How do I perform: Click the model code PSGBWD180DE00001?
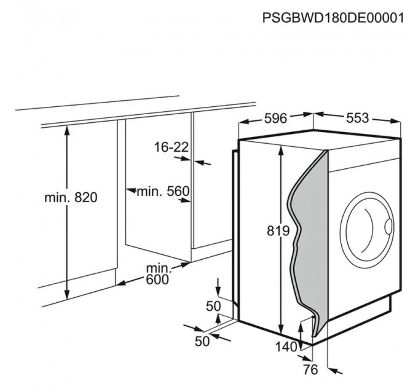tap(333, 18)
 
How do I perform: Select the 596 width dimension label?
tap(275, 119)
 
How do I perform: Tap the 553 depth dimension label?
tap(358, 118)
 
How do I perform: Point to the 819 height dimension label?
tap(278, 230)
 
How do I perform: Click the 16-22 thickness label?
tap(172, 147)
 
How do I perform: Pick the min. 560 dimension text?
tap(163, 191)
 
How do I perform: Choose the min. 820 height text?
tap(71, 198)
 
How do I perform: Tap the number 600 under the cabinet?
tap(157, 279)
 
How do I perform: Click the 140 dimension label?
tap(286, 347)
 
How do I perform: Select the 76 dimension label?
tap(310, 369)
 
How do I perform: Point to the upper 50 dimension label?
tap(213, 307)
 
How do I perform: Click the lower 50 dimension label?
tap(202, 341)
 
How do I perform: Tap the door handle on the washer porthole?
tap(388, 227)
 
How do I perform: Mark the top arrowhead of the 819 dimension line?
tap(280, 150)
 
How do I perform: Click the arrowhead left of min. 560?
tap(131, 190)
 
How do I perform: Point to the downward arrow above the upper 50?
tap(218, 287)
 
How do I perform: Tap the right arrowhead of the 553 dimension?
tap(395, 121)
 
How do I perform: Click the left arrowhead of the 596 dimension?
tap(244, 122)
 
